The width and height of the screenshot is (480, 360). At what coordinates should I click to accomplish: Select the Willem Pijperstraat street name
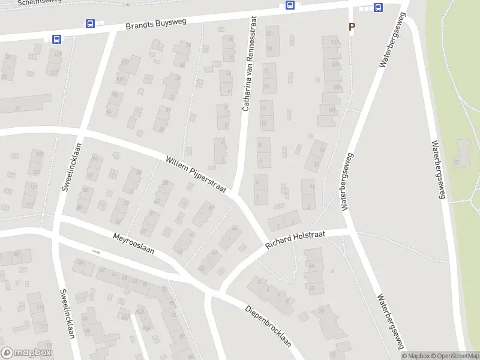pos(196,175)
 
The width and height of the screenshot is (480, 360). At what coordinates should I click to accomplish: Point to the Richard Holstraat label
pos(295,238)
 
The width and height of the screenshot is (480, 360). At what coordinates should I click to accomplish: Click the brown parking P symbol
pos(352,26)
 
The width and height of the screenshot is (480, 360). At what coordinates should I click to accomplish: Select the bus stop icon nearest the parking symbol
pos(379,8)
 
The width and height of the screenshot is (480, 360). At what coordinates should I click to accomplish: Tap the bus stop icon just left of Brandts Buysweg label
pos(90,24)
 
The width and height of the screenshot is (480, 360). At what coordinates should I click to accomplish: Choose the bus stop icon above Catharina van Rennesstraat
pos(290,5)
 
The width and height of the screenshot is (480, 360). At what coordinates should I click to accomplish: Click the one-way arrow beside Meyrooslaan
pos(96,252)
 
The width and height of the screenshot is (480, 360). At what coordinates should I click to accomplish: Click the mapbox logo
pos(26,353)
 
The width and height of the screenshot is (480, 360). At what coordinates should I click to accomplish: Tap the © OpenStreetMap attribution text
pos(454,356)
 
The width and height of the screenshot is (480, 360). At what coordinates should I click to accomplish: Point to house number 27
pos(17,109)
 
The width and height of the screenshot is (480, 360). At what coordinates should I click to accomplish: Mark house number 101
pos(331,110)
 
